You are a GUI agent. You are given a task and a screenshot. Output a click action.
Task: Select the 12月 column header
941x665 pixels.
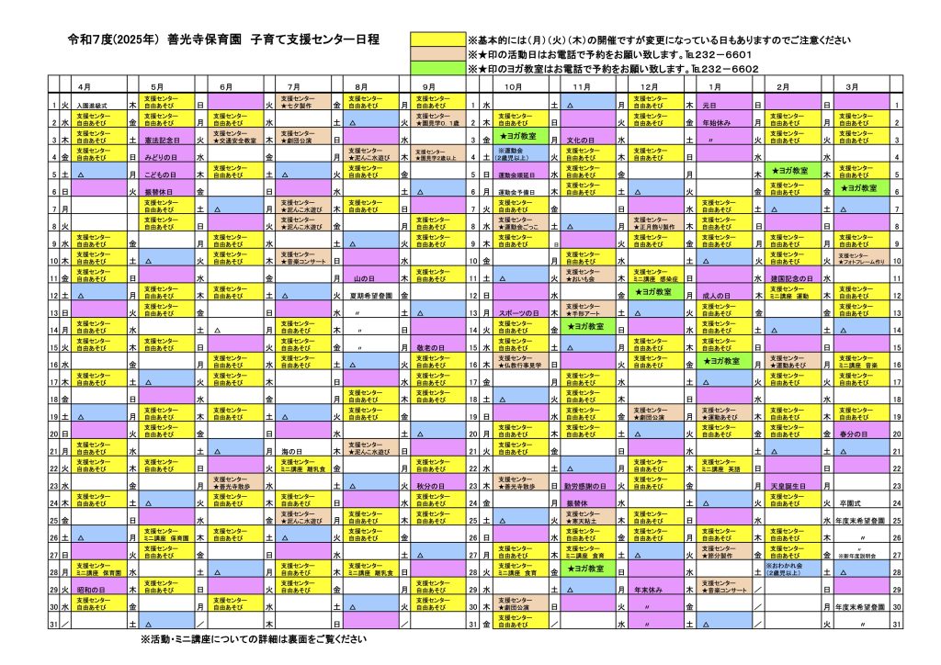coord(649,85)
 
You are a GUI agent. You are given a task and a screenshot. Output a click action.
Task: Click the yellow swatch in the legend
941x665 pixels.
coord(443,41)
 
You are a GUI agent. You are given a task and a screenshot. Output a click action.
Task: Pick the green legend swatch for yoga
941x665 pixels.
coord(443,68)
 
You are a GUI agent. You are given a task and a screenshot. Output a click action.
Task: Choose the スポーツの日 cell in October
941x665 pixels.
coord(517,312)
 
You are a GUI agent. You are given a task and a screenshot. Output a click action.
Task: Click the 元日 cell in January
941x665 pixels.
coord(709,105)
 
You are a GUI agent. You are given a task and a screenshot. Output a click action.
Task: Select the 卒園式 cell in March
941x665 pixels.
coord(850,502)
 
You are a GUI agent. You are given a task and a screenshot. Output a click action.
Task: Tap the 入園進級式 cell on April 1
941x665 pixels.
coord(95,105)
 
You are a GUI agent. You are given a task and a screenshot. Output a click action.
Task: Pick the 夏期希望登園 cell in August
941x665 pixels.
coord(372,295)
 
